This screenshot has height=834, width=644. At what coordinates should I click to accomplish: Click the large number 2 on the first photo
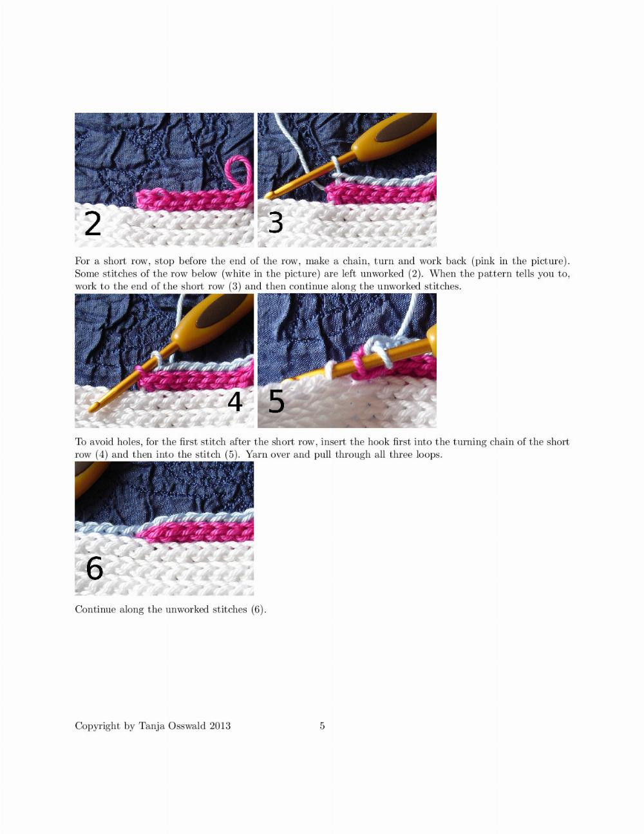93,224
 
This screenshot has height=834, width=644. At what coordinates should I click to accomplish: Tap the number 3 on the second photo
276,222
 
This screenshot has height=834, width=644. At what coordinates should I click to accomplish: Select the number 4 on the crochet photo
235,402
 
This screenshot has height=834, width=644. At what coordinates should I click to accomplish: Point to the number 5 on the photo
276,402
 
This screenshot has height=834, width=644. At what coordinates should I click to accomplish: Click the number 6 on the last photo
94,568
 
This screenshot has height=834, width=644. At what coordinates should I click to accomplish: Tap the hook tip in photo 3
268,196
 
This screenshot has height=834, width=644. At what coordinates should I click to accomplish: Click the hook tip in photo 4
91,410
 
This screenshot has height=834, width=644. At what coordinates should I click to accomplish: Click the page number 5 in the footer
322,725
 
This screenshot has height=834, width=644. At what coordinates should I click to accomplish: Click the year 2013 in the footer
220,726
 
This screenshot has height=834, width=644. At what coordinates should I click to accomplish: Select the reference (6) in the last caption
258,610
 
